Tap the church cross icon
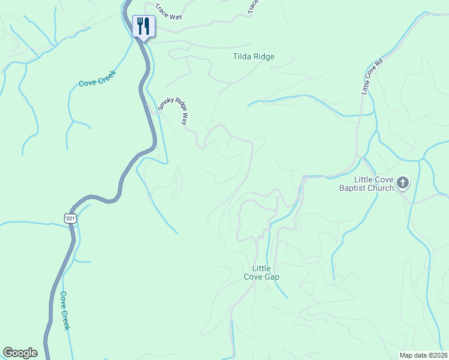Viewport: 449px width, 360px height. click(403, 183)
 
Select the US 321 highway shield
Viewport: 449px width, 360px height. click(71, 218)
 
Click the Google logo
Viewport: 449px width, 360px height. click(20, 353)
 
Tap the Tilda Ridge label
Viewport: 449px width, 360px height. click(253, 57)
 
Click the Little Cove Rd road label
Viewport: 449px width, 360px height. click(372, 76)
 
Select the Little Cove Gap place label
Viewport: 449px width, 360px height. click(261, 272)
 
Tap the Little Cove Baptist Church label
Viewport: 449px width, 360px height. click(366, 184)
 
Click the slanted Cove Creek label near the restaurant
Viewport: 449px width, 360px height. click(97, 79)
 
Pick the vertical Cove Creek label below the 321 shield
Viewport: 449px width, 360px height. click(64, 310)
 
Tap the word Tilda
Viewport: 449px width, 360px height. click(242, 57)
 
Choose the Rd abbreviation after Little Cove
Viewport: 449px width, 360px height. click(379, 63)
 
